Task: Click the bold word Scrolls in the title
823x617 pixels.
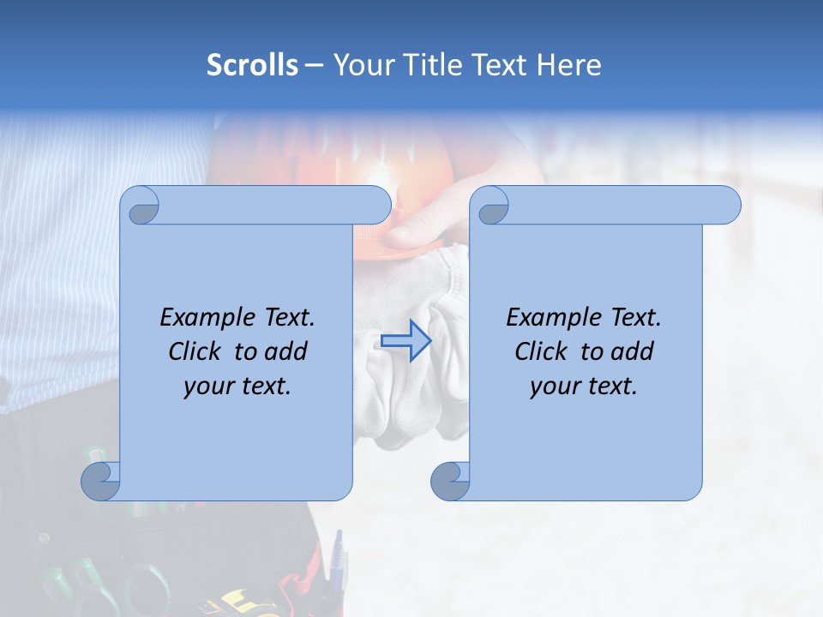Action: pos(252,65)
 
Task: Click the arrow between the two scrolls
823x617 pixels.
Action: pos(405,340)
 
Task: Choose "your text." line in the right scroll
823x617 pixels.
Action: pos(584,386)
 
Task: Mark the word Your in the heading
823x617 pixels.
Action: pos(360,65)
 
